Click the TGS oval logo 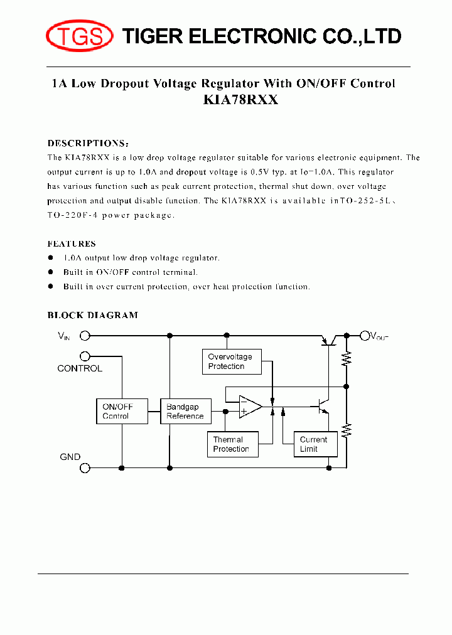pyautogui.click(x=79, y=36)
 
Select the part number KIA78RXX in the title pyautogui.click(x=240, y=100)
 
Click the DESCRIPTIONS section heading pyautogui.click(x=89, y=143)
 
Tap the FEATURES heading pyautogui.click(x=72, y=243)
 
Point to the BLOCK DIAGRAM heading pyautogui.click(x=93, y=315)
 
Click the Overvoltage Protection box pyautogui.click(x=232, y=361)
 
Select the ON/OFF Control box pyautogui.click(x=123, y=411)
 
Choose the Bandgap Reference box pyautogui.click(x=186, y=411)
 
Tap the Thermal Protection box pyautogui.click(x=232, y=444)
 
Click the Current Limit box pyautogui.click(x=315, y=444)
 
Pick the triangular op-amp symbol pyautogui.click(x=250, y=406)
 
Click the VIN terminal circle pyautogui.click(x=85, y=336)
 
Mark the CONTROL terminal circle pyautogui.click(x=85, y=356)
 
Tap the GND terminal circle pyautogui.click(x=85, y=467)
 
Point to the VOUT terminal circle pyautogui.click(x=363, y=336)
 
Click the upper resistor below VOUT pyautogui.click(x=346, y=358)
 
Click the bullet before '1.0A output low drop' pyautogui.click(x=51, y=258)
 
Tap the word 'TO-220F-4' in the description pyautogui.click(x=70, y=215)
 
